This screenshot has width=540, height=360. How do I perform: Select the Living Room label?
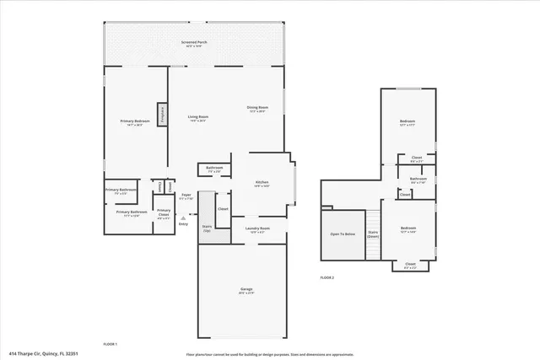point(197,118)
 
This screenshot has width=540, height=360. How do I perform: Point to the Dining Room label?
point(257,108)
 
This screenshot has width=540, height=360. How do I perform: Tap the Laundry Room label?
point(257,229)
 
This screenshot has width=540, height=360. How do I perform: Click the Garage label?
point(246,290)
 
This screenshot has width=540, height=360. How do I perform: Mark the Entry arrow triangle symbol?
point(183,218)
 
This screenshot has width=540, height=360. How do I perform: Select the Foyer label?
point(186,196)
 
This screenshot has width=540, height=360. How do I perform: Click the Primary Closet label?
point(164,212)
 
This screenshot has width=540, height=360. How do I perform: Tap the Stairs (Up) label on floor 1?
point(207,228)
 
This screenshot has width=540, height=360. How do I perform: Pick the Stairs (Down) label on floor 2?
point(373,234)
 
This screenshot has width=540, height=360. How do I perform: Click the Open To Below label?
point(343,234)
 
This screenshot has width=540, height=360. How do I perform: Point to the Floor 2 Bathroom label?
point(418,179)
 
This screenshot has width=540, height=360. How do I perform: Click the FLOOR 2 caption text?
point(327,277)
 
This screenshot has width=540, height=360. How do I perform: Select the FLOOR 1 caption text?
point(110,344)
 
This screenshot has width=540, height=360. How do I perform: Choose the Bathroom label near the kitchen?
point(214,169)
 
